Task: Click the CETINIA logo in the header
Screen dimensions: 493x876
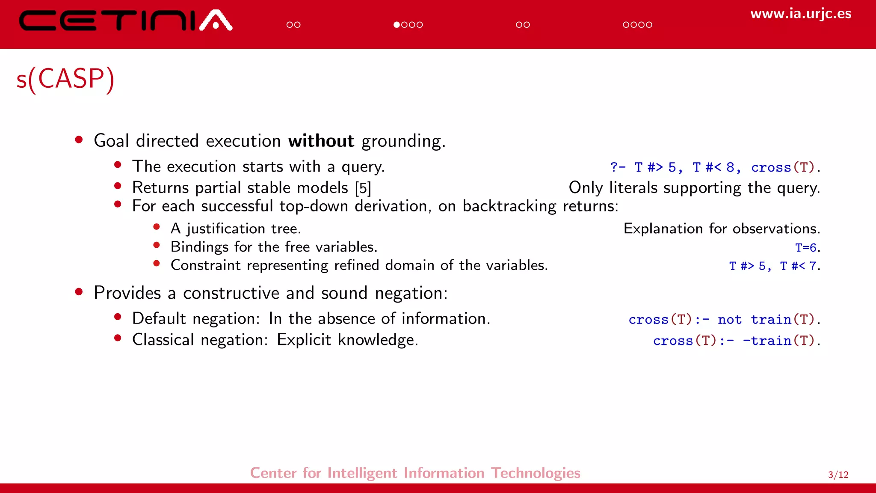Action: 125,21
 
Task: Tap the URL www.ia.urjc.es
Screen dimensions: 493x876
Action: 800,14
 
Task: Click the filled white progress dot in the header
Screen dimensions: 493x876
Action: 397,25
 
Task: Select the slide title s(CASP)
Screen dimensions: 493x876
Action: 65,79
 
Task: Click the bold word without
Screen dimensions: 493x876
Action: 321,141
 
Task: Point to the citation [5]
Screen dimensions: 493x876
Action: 363,188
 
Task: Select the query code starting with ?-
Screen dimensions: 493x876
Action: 714,167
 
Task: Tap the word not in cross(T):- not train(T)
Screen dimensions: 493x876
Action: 729,320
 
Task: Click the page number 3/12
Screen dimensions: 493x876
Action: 838,475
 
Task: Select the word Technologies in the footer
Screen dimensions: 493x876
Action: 535,473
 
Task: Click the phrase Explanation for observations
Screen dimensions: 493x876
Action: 721,229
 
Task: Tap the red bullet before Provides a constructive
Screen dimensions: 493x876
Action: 79,292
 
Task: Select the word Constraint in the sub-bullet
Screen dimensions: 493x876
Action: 205,265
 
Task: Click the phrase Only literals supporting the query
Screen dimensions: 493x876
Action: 694,188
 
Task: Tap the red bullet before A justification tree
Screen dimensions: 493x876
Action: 157,227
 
